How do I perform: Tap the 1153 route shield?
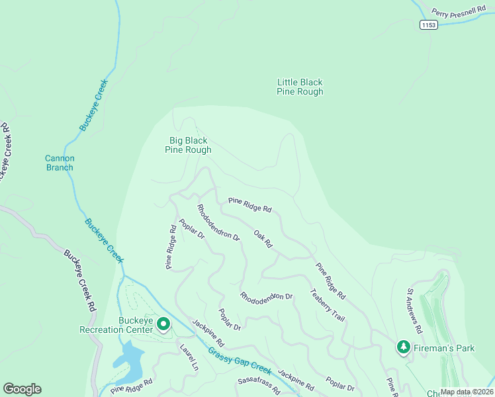tap(428, 24)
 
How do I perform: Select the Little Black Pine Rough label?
tap(300, 87)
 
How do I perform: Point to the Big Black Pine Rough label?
tap(188, 145)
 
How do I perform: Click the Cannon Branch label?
tap(60, 163)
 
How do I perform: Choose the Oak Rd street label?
tap(263, 239)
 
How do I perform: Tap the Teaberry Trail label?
tap(327, 305)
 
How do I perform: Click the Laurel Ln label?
tap(189, 356)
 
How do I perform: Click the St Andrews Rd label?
tap(414, 310)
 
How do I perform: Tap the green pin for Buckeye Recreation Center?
tap(163, 324)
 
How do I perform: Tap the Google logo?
tap(22, 389)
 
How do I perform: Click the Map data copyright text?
tap(467, 392)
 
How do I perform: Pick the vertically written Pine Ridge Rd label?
tap(171, 247)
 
